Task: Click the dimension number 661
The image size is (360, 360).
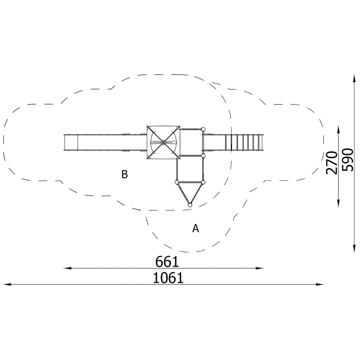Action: [167, 262]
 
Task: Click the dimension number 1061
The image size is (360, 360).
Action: [168, 278]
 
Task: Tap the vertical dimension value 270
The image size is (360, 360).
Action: [332, 163]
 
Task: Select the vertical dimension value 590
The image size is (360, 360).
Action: [347, 160]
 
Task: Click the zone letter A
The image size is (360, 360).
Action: [195, 229]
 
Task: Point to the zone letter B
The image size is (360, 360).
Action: [125, 175]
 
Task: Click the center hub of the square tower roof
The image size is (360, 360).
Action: [163, 143]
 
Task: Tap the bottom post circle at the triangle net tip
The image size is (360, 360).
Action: [190, 205]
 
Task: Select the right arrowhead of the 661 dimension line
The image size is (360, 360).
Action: [260, 268]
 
